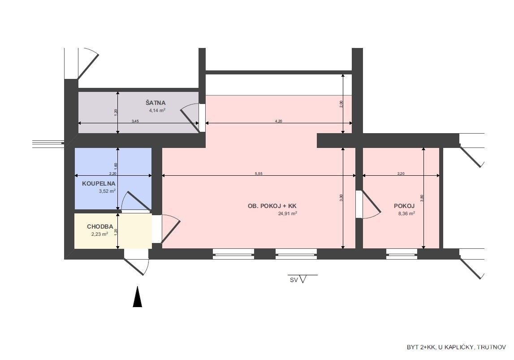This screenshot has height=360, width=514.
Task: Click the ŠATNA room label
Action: tap(155, 103)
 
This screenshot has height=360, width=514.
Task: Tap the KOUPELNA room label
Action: tap(98, 184)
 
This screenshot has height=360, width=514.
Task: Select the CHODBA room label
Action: tap(100, 226)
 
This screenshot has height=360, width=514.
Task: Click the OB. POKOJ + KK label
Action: tap(272, 206)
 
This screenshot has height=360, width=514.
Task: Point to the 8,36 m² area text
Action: tap(406, 213)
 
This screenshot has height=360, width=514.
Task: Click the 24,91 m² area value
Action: tap(288, 213)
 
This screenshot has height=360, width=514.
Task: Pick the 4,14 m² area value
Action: tap(157, 110)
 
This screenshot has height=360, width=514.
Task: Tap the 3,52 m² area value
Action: tap(107, 191)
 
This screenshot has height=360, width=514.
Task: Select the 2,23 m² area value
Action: tap(99, 234)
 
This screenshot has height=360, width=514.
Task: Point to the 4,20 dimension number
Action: tap(278, 121)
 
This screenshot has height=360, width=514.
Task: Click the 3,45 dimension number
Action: tap(135, 121)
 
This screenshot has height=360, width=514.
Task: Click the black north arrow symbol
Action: tap(138, 297)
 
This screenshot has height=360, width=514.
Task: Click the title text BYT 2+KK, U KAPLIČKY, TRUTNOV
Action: tap(456, 347)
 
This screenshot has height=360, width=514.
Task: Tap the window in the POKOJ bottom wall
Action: tap(402, 254)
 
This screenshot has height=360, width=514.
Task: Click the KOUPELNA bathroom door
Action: tap(136, 201)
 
